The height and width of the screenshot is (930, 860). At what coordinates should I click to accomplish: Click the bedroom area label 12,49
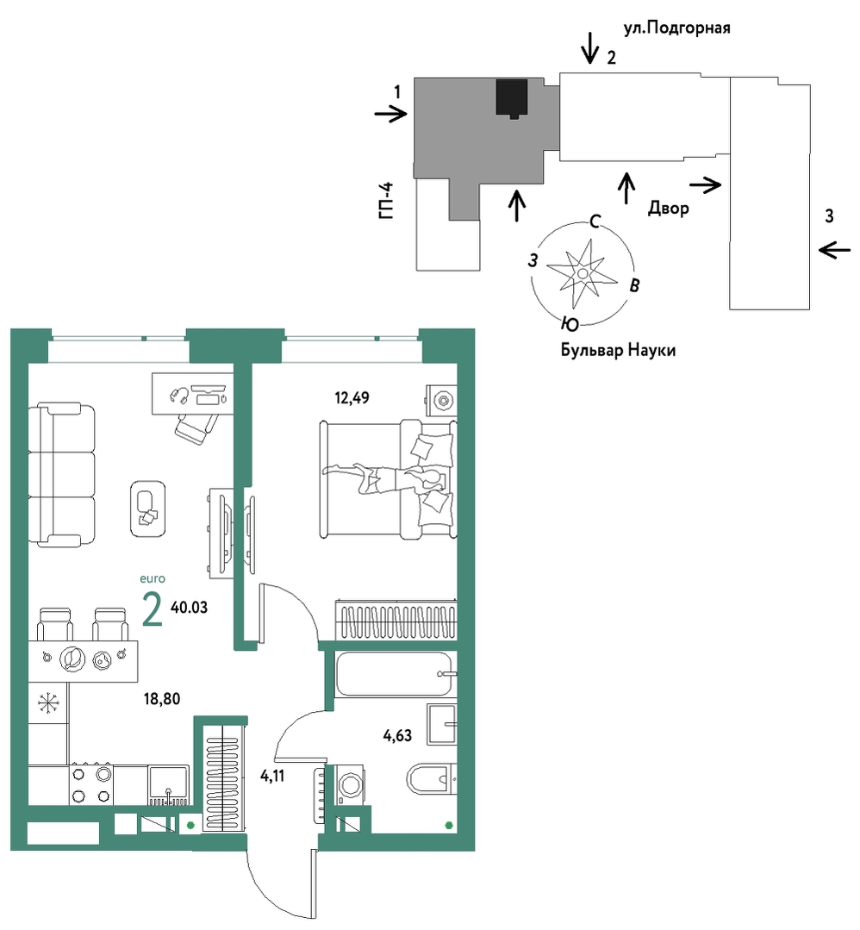[352, 398]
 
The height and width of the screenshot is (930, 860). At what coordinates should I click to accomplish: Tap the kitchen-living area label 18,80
[162, 699]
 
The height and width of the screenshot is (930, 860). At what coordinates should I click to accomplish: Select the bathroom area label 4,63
[397, 736]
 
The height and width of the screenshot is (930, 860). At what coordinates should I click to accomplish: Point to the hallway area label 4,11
[272, 776]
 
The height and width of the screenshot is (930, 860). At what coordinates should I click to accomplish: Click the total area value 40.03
[190, 608]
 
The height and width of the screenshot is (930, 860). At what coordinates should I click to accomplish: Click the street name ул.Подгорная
[676, 28]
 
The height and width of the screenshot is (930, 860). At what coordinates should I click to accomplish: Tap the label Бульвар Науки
[618, 351]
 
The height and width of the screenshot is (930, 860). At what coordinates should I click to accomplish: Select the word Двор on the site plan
[669, 209]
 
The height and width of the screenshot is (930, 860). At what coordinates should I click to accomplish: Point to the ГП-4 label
[386, 202]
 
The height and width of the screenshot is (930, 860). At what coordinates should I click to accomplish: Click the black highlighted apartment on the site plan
[512, 98]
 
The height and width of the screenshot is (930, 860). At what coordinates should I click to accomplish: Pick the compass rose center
[583, 273]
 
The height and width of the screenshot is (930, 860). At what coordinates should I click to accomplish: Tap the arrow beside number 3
[834, 250]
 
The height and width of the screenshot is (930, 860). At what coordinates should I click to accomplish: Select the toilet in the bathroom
[432, 778]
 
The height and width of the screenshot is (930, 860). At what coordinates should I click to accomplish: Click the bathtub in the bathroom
[394, 674]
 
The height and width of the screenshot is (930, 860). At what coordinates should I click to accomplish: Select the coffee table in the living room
[147, 509]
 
